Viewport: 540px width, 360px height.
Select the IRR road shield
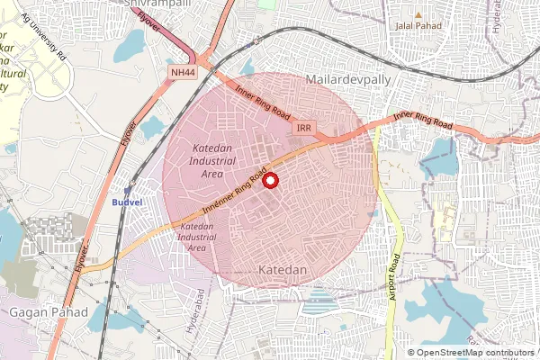click(304, 130)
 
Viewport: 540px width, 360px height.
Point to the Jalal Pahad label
click(416, 25)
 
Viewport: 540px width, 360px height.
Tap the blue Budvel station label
click(127, 202)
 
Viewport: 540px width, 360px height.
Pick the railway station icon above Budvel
click(127, 190)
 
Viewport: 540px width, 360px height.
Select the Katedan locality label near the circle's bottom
click(283, 270)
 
